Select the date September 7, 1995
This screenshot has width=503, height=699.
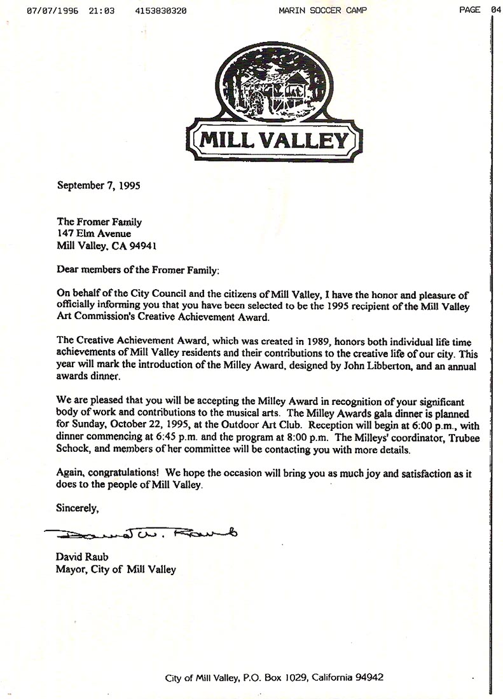99,186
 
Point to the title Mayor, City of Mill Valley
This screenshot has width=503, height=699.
116,569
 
